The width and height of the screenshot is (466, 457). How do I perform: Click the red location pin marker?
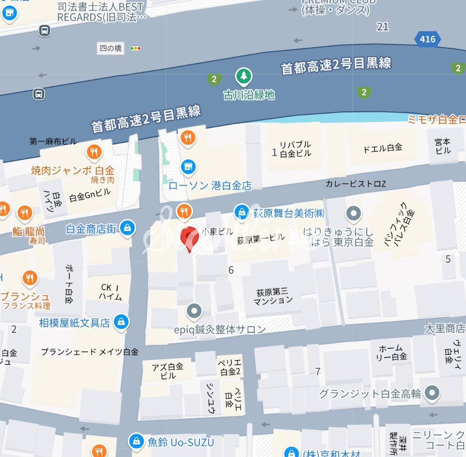click(188, 237)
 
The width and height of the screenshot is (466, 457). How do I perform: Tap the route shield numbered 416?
click(428, 39)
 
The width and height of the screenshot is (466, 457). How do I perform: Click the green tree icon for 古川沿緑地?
click(244, 76)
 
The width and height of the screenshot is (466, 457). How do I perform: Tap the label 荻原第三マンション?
click(272, 296)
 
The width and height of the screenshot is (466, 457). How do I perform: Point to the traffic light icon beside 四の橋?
click(136, 48)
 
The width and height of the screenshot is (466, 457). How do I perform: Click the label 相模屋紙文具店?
click(74, 323)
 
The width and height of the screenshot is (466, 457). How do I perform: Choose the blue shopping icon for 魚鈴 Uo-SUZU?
click(136, 442)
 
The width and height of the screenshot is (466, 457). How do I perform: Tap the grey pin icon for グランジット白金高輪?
click(431, 393)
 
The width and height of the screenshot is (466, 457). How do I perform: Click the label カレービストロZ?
click(356, 184)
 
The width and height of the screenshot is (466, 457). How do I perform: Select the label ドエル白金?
click(383, 148)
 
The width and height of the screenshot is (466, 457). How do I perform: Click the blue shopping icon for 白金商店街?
click(127, 228)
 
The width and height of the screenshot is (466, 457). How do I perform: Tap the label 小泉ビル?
click(217, 231)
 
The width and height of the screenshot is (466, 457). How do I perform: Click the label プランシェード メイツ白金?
click(90, 352)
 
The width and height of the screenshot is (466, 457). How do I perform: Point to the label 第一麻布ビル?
click(53, 141)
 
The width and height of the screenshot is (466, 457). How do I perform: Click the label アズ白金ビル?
click(167, 371)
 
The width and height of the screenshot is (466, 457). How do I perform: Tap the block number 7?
click(318, 372)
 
